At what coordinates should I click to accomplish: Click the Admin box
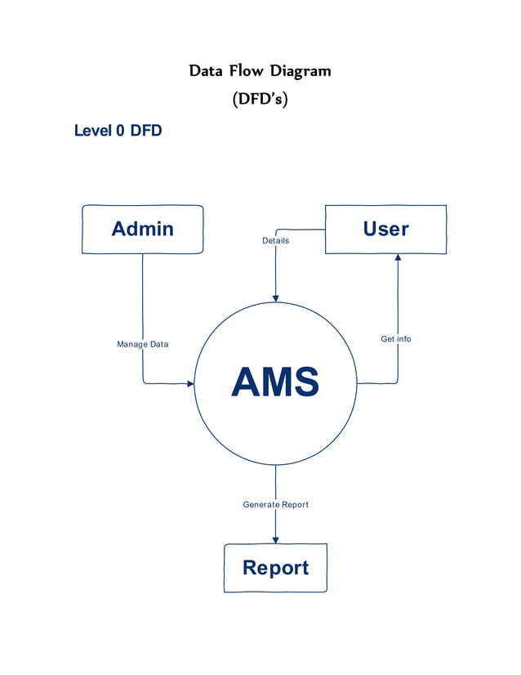(x=143, y=229)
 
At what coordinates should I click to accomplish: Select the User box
(x=385, y=229)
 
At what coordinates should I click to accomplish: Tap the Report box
(x=275, y=567)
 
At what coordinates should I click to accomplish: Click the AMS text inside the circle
(x=275, y=382)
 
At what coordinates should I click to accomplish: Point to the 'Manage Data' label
(x=143, y=344)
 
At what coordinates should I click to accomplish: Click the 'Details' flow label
(x=275, y=240)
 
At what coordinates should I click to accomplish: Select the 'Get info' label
(x=396, y=338)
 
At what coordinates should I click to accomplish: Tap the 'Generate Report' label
(x=275, y=504)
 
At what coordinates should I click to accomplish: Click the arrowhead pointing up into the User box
(x=398, y=258)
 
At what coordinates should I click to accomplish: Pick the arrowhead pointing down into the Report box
(x=275, y=539)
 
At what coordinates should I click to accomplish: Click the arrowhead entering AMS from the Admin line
(x=190, y=383)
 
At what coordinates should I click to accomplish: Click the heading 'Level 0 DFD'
(x=118, y=130)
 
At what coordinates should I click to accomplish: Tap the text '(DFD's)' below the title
(x=260, y=100)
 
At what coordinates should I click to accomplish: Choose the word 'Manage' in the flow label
(x=131, y=344)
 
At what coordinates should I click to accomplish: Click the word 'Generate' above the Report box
(x=261, y=504)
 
